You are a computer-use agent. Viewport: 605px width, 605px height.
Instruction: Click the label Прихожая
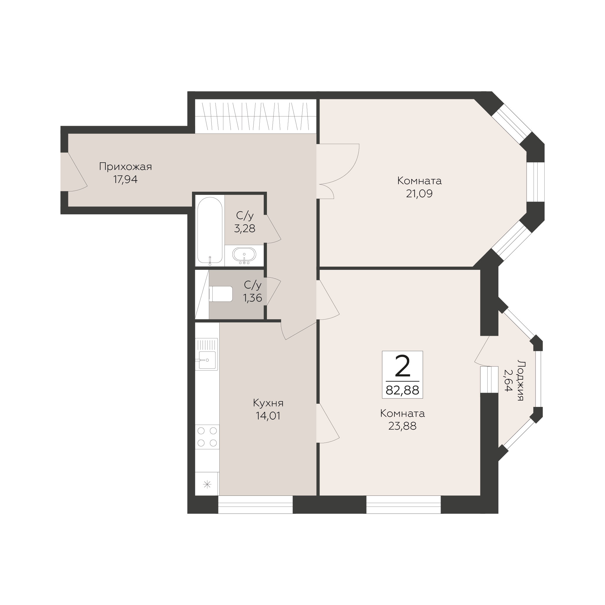pos(125,167)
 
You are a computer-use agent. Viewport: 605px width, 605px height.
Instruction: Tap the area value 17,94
pos(125,179)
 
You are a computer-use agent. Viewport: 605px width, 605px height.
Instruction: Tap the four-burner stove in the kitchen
pos(207,437)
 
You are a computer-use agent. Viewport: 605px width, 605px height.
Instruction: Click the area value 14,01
pos(268,416)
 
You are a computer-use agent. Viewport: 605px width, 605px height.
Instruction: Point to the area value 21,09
pos(419,193)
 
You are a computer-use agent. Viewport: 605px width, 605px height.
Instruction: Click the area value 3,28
pos(245,229)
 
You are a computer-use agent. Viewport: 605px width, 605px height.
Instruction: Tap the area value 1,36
pos(253,298)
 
